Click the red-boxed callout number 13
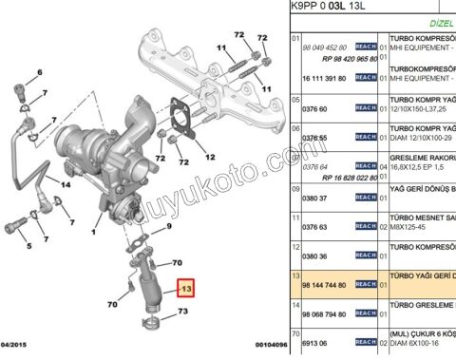point(187,289)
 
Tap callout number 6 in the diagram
point(38,72)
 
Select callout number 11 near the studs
point(221,47)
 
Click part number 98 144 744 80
point(323,284)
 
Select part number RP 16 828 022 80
point(330,177)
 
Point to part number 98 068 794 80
point(323,313)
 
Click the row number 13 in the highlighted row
point(294,273)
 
